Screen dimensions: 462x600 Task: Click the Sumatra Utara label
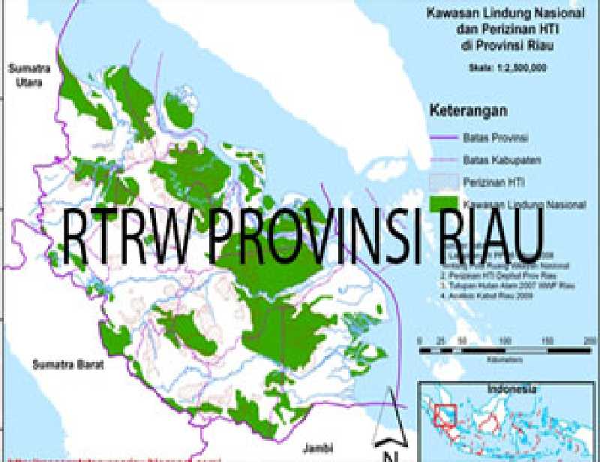28,73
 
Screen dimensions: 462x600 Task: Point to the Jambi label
317,448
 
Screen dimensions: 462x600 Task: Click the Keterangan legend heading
468,110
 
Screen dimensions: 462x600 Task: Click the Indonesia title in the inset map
511,389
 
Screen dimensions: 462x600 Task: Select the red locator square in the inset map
445,415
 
